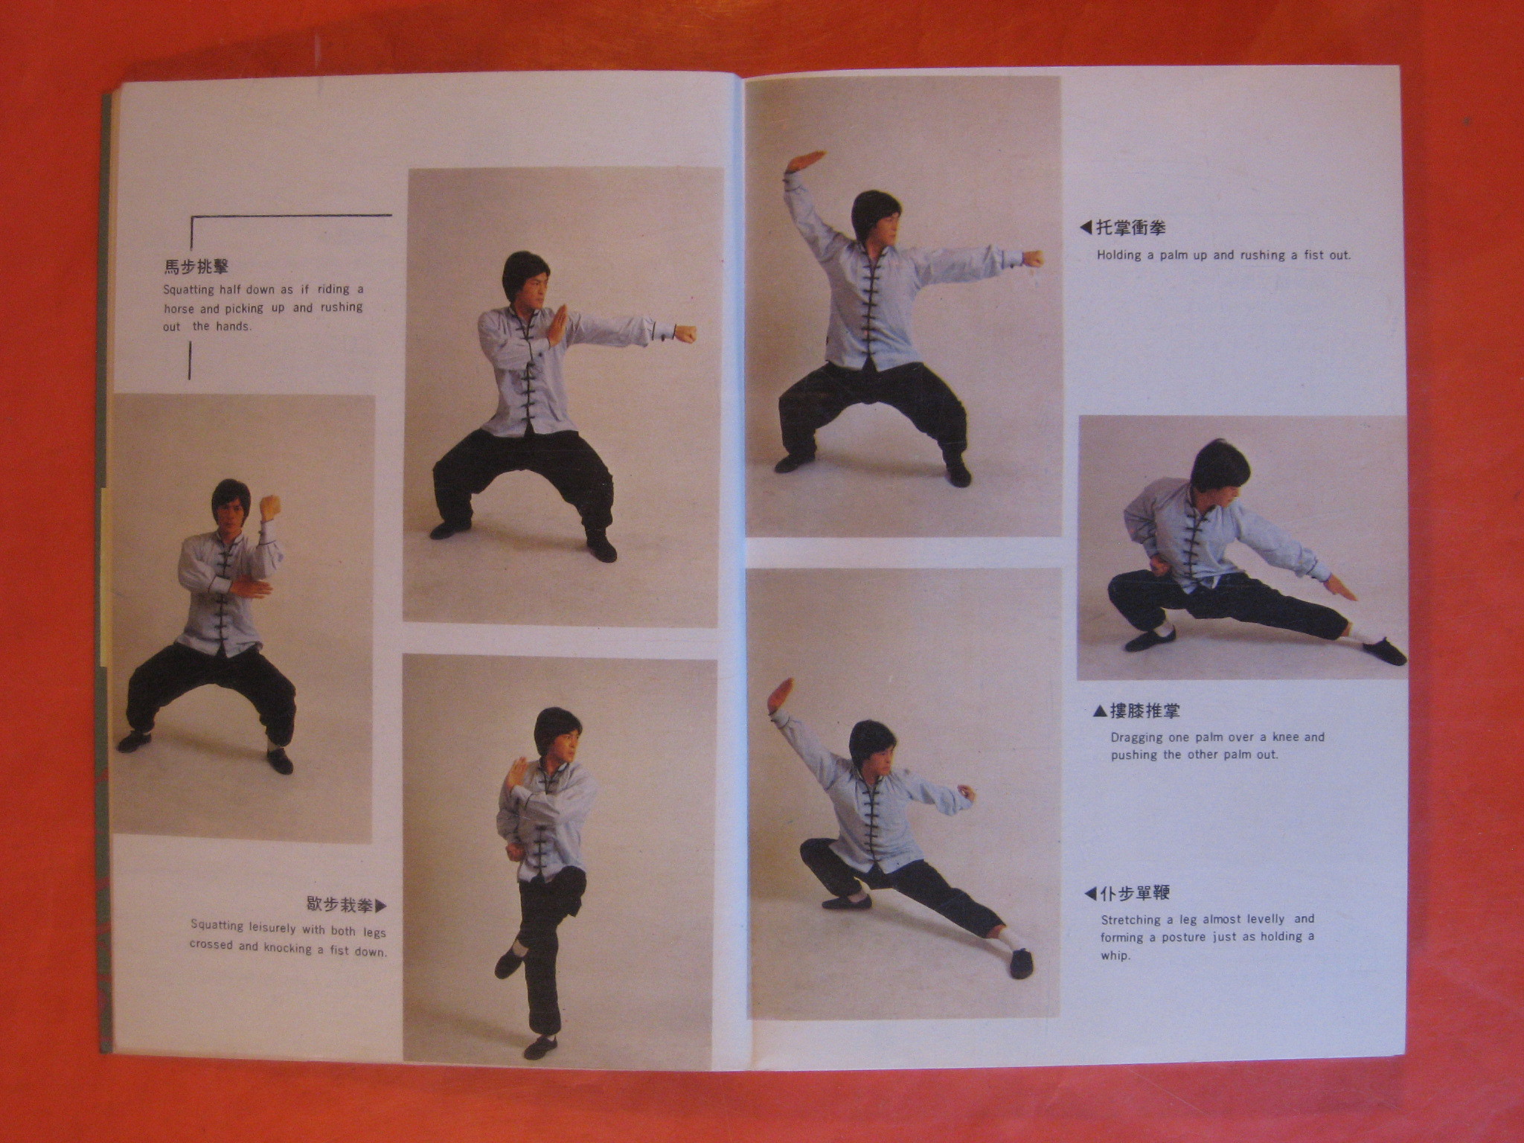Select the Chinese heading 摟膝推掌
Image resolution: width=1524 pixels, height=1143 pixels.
click(x=1144, y=711)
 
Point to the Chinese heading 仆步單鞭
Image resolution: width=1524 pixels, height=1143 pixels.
click(x=1136, y=893)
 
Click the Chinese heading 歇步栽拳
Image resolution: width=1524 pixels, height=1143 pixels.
click(x=339, y=905)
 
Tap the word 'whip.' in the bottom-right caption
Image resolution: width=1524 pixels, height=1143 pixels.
click(x=1115, y=955)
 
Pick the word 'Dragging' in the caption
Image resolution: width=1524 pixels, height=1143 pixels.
click(x=1137, y=737)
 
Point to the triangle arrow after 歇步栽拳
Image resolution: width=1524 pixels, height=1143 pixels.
click(x=381, y=906)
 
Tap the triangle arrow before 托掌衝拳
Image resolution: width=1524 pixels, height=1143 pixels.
click(x=1086, y=228)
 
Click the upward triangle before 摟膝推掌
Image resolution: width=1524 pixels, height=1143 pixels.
click(x=1100, y=711)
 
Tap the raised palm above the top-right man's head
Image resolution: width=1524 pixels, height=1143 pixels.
click(x=807, y=161)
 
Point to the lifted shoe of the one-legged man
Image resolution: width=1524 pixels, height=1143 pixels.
click(x=509, y=963)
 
